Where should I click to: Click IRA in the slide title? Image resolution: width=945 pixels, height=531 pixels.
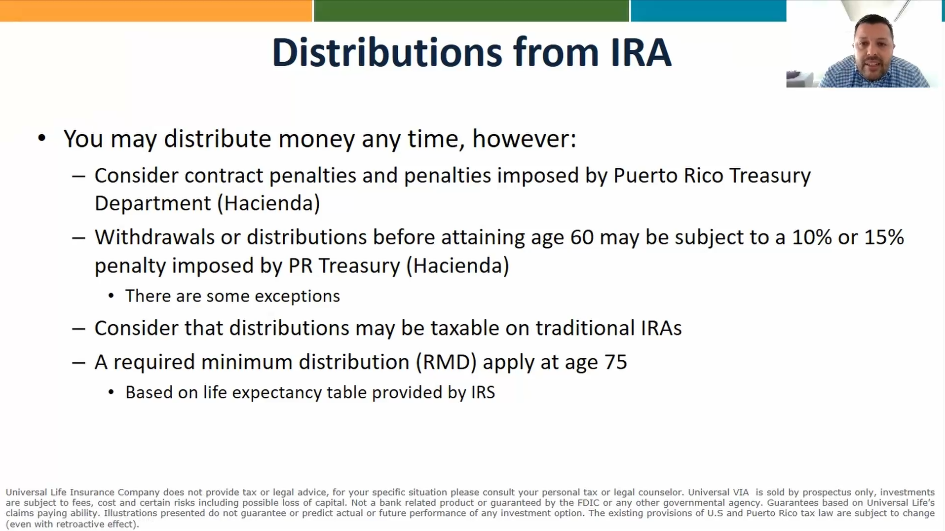641,52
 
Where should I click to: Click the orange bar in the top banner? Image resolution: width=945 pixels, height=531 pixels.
155,10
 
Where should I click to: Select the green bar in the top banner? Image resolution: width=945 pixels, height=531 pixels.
471,10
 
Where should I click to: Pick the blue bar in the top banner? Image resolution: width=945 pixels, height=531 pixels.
708,10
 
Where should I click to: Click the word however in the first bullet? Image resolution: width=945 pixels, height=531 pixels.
524,139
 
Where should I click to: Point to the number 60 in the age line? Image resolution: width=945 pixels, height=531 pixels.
582,237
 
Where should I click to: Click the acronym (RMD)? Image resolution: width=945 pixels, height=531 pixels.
446,362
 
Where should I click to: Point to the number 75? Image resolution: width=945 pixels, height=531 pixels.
615,362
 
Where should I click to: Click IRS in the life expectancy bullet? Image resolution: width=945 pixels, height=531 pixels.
483,392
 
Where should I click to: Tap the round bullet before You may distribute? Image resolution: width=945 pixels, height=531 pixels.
42,138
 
